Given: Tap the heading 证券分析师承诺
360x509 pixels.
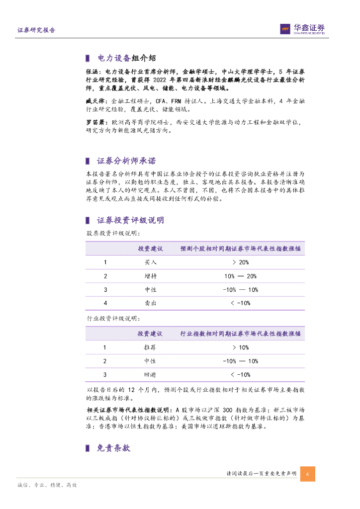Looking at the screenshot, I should click(x=126, y=161).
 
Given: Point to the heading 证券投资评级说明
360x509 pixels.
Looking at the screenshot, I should click(x=130, y=220).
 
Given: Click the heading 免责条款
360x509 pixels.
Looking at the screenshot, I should click(x=113, y=448).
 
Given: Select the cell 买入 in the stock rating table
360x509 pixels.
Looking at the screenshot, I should click(x=150, y=262).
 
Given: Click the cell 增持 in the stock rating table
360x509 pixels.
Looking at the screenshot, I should click(x=150, y=276).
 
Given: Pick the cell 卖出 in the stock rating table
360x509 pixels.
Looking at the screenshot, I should click(x=150, y=303).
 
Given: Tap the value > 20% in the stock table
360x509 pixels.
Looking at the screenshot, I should click(x=240, y=262).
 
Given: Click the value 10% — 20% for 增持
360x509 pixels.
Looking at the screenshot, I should click(x=240, y=276).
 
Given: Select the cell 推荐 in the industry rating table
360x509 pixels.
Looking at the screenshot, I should click(x=150, y=347).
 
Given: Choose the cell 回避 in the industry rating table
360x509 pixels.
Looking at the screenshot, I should click(x=150, y=374).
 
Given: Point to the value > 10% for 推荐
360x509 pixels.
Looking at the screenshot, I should click(x=240, y=347).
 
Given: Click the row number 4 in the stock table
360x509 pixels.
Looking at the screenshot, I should click(x=105, y=303).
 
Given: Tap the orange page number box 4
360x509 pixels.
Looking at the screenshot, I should click(x=307, y=474).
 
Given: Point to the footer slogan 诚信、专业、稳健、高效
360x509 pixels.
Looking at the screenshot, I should click(x=47, y=485).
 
